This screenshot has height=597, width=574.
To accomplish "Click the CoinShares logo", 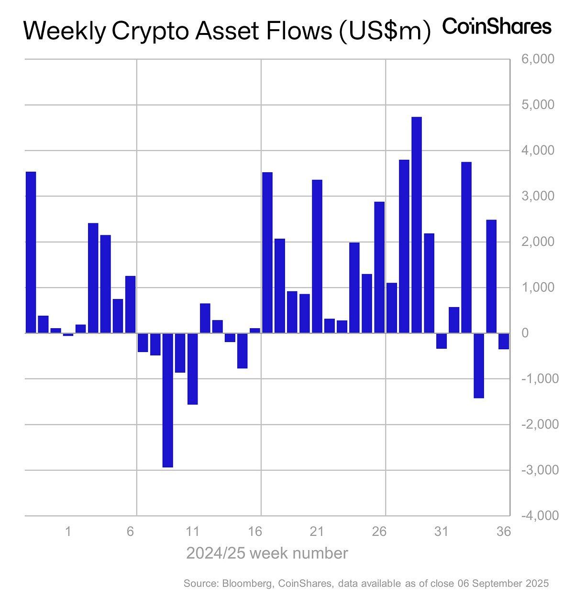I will tap(497, 26).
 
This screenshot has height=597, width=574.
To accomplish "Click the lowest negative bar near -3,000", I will tap(167, 400).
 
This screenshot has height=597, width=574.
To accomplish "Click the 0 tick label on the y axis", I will tap(525, 333).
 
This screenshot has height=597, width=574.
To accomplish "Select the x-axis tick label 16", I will tap(255, 531).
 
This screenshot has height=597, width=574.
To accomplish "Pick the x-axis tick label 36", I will tap(504, 531).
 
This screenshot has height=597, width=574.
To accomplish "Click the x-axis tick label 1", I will tap(68, 531).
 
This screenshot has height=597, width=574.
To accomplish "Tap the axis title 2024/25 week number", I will tap(267, 553).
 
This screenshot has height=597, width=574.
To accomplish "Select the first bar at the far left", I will tap(31, 252).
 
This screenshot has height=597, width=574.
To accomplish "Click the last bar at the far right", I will tap(503, 341).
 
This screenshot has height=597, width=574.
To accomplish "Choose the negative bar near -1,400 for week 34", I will tap(478, 365).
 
